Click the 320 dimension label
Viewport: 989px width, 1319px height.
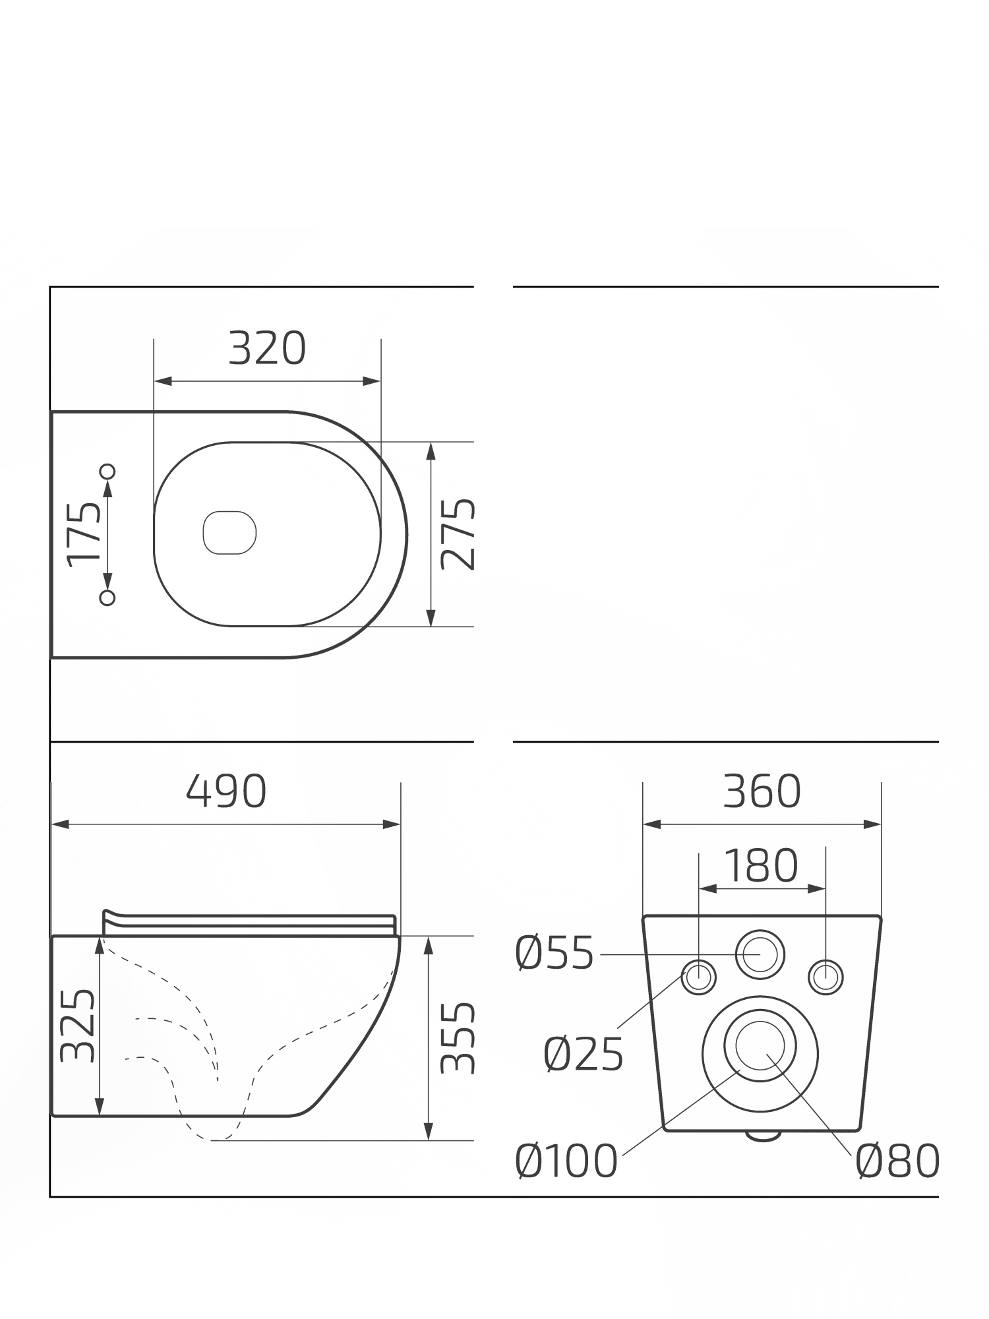point(267,349)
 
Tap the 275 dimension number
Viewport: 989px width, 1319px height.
point(458,534)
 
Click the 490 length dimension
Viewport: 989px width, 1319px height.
point(226,791)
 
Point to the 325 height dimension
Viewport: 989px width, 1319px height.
point(77,1026)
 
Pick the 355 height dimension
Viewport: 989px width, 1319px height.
point(458,1038)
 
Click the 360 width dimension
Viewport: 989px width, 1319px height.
point(762,791)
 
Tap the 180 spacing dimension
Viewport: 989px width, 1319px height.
point(762,866)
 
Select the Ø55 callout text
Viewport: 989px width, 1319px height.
point(554,954)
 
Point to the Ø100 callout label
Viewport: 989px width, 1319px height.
point(566,1161)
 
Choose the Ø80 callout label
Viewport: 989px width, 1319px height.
point(897,1161)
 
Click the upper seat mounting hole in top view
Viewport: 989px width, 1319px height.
point(107,471)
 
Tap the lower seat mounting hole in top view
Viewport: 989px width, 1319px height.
point(107,598)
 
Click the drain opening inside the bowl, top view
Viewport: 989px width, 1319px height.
point(229,532)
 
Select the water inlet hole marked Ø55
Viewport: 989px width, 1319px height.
point(760,954)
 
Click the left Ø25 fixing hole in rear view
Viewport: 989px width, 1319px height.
point(698,977)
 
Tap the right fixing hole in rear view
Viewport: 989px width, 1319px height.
point(825,977)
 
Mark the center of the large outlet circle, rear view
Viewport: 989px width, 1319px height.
point(760,1054)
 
